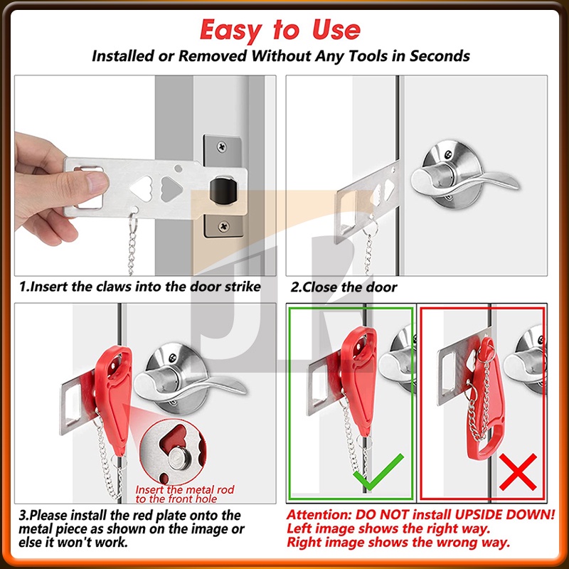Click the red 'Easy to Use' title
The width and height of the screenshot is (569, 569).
280,30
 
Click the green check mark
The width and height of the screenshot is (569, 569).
378,472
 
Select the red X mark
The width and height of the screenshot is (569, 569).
518,472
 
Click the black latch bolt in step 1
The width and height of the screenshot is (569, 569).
223,189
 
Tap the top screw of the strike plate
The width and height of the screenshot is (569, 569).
221,147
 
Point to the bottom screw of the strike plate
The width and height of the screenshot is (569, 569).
223,227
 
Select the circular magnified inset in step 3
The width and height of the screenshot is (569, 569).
173,451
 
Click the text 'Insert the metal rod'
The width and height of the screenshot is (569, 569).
185,489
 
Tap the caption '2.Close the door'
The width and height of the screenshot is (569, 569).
344,287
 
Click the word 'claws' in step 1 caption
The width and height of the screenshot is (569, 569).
115,287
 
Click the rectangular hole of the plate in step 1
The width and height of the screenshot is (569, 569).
89,188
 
